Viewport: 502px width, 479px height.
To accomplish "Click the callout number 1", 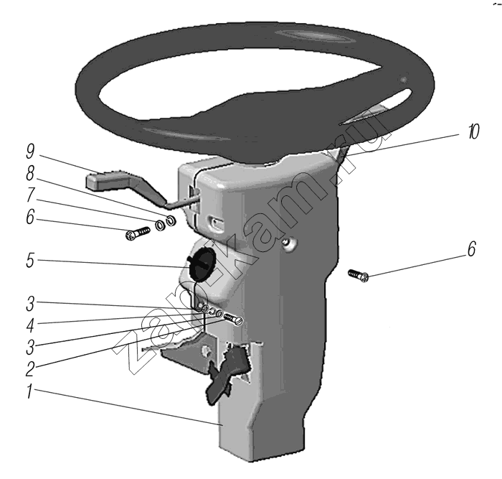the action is [29, 391].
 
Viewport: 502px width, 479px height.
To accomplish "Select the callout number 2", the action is [30, 368].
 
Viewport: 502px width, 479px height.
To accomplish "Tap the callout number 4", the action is [30, 325].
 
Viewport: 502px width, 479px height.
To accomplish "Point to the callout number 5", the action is [30, 260].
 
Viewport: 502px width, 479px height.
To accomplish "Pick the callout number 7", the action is [30, 195].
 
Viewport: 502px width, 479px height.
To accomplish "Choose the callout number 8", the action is [30, 174].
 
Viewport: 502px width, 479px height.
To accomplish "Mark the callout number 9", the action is [30, 152].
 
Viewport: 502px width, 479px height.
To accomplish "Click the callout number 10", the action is [473, 131].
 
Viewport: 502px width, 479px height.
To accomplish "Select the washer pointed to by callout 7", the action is [160, 225].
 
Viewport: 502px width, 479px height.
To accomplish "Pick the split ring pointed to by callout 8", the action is [171, 220].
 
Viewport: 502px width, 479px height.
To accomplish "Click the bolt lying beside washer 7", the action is [138, 233].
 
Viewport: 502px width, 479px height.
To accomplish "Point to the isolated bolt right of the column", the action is [359, 276].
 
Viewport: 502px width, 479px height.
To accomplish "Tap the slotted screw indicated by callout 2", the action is [234, 320].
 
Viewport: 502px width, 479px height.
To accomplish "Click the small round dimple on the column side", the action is [290, 244].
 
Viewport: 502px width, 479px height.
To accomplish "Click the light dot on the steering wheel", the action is [404, 80].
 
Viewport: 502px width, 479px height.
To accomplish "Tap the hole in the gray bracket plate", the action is [207, 350].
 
